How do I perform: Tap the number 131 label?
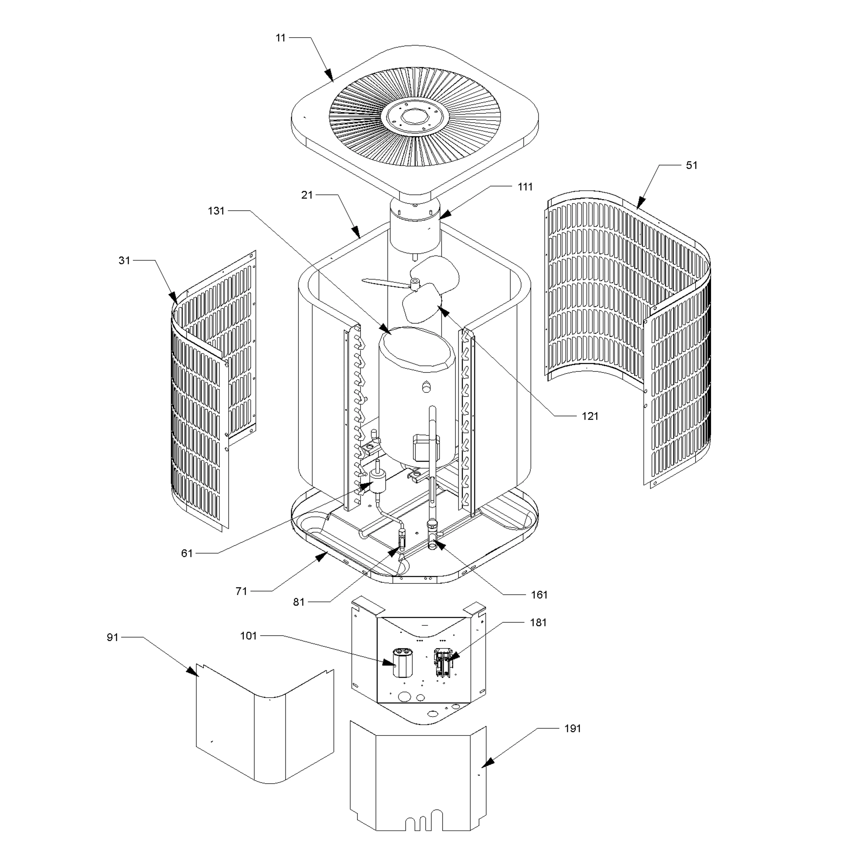point(216,211)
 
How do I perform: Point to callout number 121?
point(590,416)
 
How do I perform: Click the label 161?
point(539,595)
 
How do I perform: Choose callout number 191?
point(572,729)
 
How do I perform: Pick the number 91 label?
point(112,637)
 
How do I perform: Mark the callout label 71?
point(241,591)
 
